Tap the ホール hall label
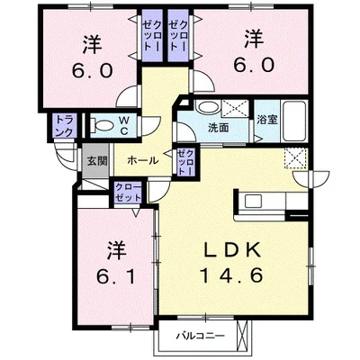pos(142,160)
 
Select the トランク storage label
pos(64,125)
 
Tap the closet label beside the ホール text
pos(185,162)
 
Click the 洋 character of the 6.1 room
pos(114,247)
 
